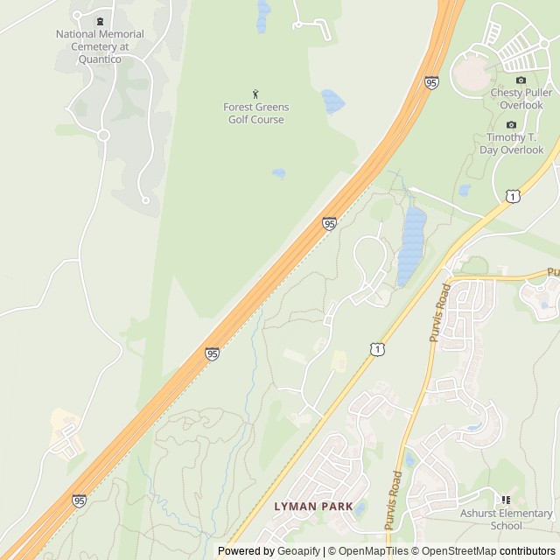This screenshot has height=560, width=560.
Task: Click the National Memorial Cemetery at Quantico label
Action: (100, 46)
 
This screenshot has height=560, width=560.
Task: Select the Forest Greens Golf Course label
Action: (255, 113)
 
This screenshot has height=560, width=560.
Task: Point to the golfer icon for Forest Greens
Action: (255, 94)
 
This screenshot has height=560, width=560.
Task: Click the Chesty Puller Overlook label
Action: (522, 98)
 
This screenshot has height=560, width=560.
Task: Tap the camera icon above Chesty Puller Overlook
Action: (521, 80)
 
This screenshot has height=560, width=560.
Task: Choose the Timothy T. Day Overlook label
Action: (512, 143)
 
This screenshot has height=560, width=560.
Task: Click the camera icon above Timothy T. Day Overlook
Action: (512, 124)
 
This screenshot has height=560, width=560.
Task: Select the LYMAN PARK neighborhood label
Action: (313, 506)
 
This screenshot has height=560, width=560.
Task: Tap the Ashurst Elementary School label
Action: (507, 520)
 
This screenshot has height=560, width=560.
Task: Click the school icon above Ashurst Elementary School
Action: (506, 500)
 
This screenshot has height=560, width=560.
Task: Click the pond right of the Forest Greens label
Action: (332, 101)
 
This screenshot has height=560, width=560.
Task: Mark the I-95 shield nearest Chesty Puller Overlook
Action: (431, 82)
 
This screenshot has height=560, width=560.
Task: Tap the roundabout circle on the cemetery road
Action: (103, 135)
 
